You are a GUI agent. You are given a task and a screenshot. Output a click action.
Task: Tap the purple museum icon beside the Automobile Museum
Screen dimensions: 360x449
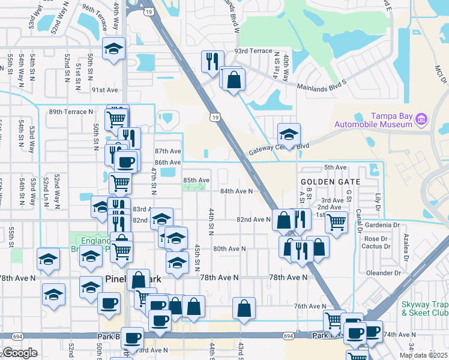tap(421, 119)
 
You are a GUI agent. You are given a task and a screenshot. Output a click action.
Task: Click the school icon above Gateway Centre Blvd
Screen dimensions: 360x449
tap(289, 134)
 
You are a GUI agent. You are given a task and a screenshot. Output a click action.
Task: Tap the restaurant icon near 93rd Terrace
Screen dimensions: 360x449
tap(212, 61)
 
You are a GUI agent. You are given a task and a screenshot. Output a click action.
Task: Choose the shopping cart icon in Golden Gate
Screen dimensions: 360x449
tap(336, 221)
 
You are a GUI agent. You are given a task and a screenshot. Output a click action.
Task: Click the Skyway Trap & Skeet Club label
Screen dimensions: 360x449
tap(424, 308)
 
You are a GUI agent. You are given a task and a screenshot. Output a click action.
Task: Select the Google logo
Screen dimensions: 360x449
tap(20, 353)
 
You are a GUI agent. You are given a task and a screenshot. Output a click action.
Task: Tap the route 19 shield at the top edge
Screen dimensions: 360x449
tap(149, 10)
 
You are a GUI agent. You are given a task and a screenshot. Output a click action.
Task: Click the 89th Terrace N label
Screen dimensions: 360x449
tap(71, 112)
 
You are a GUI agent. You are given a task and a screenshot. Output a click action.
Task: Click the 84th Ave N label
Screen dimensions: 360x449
tap(236, 191)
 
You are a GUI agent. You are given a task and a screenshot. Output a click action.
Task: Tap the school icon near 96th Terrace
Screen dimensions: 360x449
tap(113, 50)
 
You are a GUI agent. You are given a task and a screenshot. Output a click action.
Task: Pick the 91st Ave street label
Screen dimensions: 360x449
tap(105, 90)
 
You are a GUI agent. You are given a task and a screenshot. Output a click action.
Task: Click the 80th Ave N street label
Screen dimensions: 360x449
tap(229, 248)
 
